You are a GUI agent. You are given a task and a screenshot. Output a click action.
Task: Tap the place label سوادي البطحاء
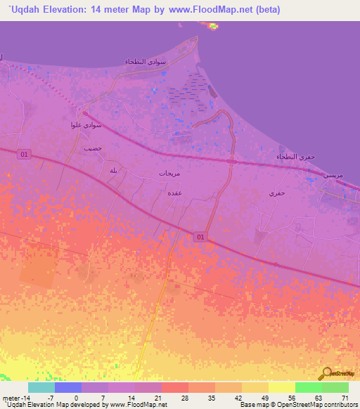point(146,62)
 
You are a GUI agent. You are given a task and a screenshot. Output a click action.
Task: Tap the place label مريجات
point(170,172)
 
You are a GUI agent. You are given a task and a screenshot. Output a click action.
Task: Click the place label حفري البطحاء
point(291,156)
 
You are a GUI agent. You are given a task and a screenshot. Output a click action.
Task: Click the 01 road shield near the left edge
point(25,154)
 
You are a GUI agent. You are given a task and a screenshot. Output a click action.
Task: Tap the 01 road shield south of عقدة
point(201,238)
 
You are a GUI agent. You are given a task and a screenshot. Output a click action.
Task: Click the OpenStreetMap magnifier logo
point(325,373)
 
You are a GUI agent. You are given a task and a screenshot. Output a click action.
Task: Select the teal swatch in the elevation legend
point(41,387)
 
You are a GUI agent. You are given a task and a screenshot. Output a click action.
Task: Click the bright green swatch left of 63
point(308,387)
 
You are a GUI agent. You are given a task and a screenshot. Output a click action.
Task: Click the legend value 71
point(345,397)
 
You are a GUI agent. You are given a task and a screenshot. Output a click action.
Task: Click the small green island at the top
point(212,27)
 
